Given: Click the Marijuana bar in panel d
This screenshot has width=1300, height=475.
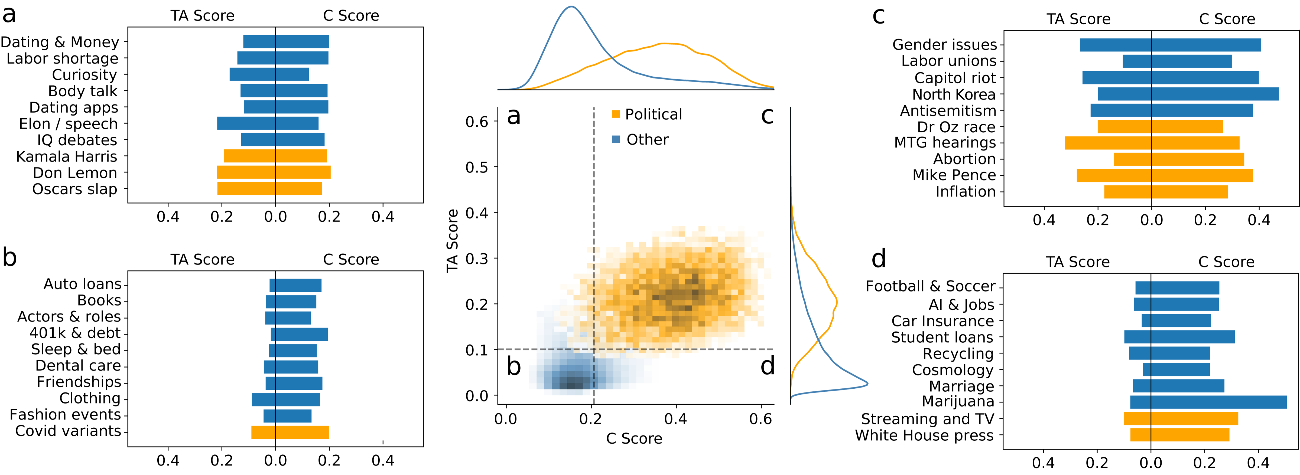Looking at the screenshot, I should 1208,402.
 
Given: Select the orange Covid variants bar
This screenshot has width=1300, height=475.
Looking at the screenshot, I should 290,432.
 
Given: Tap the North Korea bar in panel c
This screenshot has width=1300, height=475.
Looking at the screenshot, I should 1188,94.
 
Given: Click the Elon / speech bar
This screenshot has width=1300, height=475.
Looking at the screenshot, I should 268,123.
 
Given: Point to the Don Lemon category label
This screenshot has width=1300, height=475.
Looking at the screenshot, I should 75,173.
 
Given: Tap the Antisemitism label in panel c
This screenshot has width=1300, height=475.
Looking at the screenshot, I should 948,111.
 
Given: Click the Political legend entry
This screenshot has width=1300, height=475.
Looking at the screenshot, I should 653,114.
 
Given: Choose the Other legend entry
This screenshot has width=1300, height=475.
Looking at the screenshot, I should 647,140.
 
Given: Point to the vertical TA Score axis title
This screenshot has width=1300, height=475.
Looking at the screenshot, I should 452,241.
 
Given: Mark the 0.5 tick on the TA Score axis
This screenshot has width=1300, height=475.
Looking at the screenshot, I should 477,167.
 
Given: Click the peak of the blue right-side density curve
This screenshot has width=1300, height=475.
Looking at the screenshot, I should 867,384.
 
